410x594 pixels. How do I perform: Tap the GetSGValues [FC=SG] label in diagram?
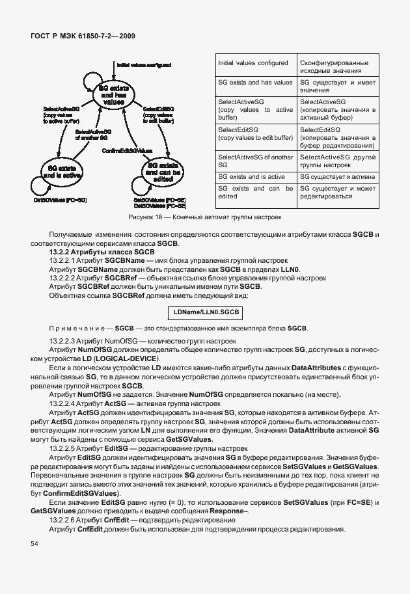click(x=60, y=200)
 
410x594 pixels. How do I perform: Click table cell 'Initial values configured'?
click(x=253, y=63)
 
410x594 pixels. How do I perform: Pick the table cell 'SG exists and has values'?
click(x=255, y=83)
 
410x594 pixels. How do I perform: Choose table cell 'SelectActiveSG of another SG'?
click(x=255, y=161)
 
